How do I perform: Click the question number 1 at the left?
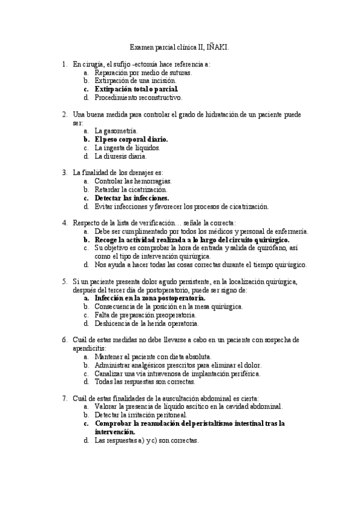[64, 63]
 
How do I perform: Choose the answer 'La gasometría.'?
[116, 131]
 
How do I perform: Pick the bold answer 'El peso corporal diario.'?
[130, 139]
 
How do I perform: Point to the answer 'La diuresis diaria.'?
[120, 156]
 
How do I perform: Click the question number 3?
[64, 172]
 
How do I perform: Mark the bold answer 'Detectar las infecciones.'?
[132, 197]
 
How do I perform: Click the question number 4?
[64, 223]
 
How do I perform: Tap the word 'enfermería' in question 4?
[290, 231]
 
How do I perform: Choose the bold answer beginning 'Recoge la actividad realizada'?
[192, 239]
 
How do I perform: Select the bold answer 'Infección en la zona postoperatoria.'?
[150, 298]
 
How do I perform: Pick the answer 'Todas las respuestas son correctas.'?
[144, 381]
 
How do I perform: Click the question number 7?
[64, 398]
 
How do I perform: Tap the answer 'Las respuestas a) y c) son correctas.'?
[147, 440]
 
